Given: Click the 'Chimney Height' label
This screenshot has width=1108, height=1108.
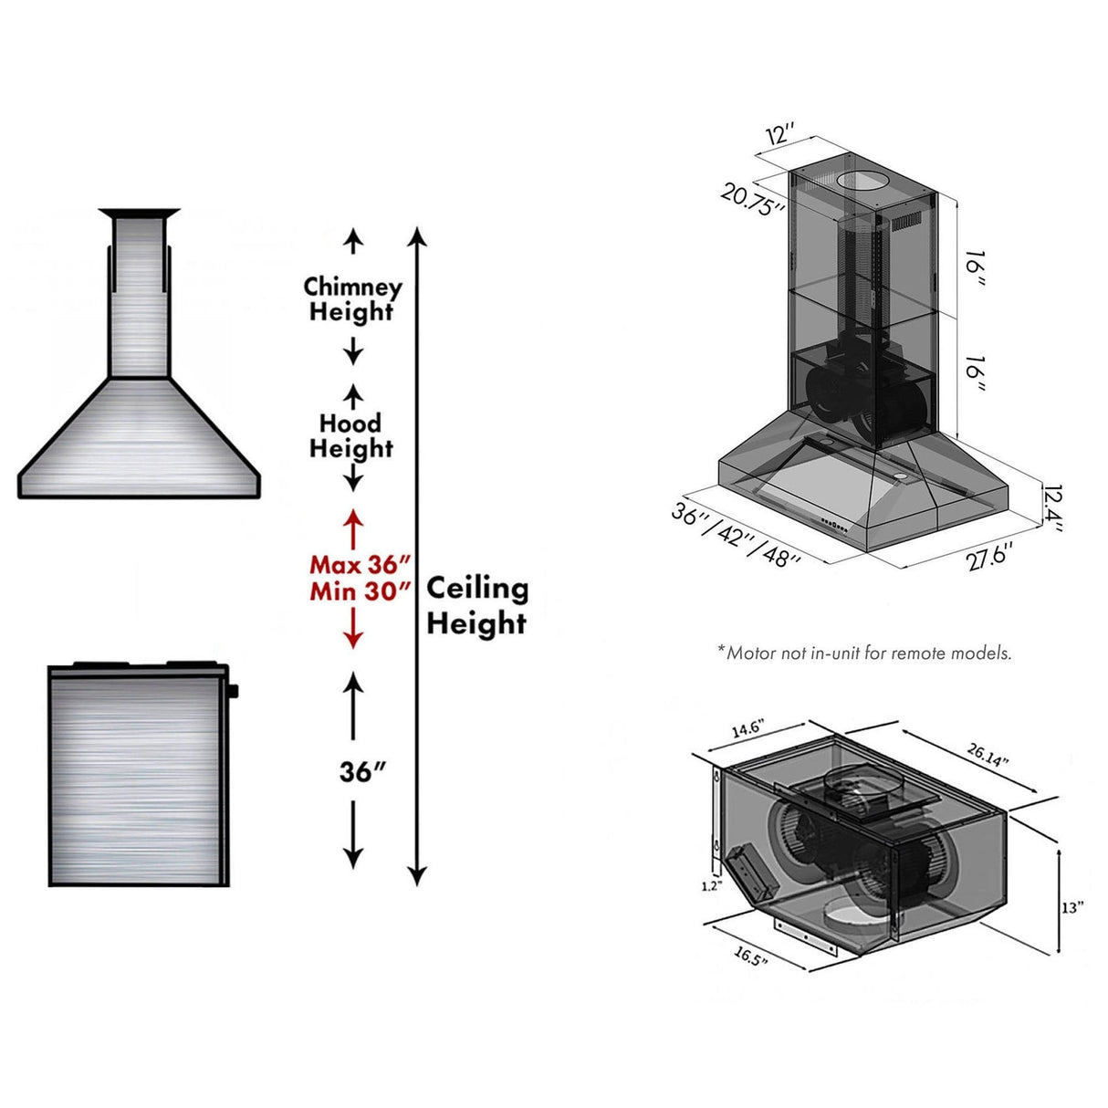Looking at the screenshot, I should (x=352, y=299).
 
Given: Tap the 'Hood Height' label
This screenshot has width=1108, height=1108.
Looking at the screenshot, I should (x=351, y=436).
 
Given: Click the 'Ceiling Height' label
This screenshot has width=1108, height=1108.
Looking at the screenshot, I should (x=477, y=605).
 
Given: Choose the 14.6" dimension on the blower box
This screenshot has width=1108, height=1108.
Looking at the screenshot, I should (x=747, y=729).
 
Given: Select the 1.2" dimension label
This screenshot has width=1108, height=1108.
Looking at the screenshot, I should (x=713, y=885).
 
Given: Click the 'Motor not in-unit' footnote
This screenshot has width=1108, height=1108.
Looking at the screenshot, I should (x=864, y=653).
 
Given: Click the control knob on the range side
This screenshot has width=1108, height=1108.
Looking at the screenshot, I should (x=235, y=691).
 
